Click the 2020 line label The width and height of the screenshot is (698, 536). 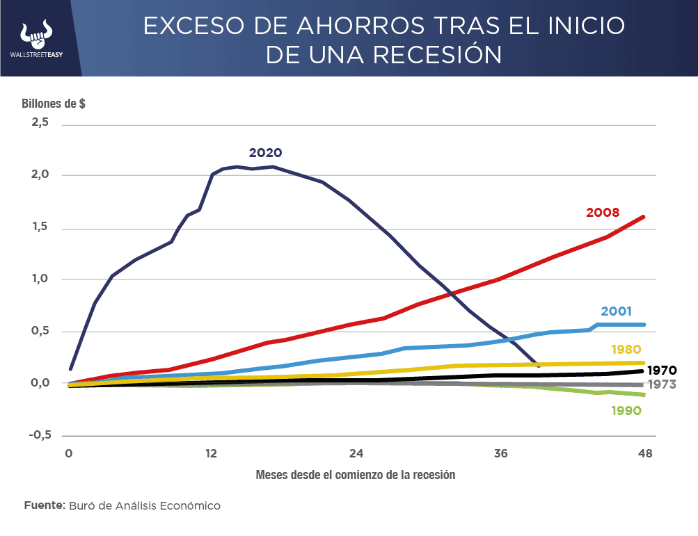(265, 153)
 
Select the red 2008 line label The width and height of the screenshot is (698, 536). (603, 212)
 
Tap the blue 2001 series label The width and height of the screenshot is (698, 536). (617, 311)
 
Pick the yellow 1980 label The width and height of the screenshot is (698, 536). (626, 349)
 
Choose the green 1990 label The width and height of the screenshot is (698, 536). (626, 410)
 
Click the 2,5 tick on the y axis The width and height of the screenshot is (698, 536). (40, 122)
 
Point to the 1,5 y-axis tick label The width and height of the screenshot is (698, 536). (40, 227)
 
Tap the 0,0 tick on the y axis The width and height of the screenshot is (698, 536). (40, 383)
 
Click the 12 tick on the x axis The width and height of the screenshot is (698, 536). (211, 454)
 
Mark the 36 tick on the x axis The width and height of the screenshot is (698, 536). (500, 454)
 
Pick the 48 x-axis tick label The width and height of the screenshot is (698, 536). (645, 454)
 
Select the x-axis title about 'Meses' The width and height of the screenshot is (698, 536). (355, 476)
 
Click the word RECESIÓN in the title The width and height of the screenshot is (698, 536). (429, 54)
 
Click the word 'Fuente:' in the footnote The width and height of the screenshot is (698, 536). (45, 505)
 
